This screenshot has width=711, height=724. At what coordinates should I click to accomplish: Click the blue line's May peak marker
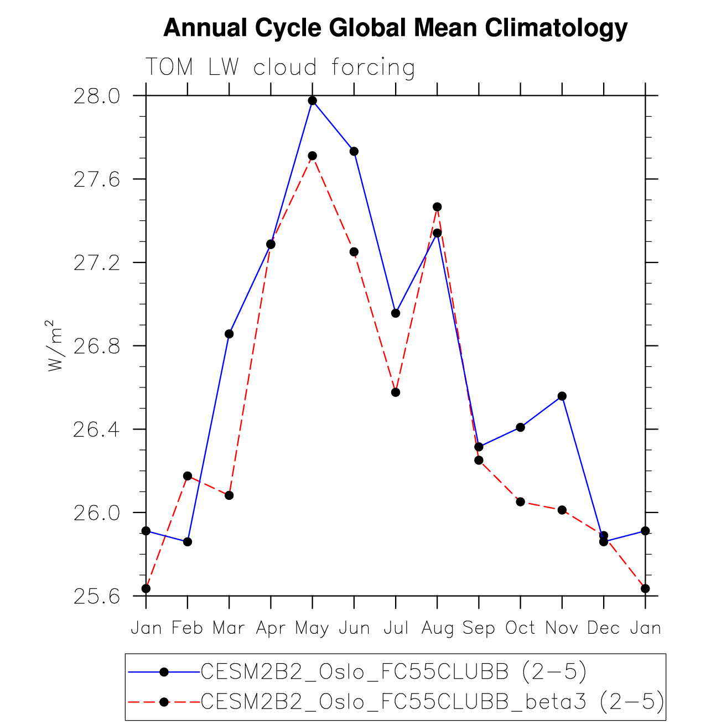[x=313, y=101]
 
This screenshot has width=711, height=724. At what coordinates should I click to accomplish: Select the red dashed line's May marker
[x=313, y=156]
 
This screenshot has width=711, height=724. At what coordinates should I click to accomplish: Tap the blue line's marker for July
[x=396, y=313]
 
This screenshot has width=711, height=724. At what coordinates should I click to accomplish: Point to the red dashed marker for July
[x=396, y=392]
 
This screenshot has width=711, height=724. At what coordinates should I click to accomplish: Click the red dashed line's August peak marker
[x=437, y=207]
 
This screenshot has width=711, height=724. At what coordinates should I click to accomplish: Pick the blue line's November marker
[x=562, y=396]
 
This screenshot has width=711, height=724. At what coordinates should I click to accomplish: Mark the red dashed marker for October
[x=521, y=502]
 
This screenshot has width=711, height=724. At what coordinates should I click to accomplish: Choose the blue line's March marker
[x=229, y=334]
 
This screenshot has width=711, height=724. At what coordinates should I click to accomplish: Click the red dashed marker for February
[x=188, y=476]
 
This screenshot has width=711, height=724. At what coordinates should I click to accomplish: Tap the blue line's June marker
[x=354, y=151]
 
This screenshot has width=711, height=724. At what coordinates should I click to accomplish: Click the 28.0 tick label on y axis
[x=96, y=96]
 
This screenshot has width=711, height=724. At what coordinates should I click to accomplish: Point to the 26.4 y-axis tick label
[x=96, y=430]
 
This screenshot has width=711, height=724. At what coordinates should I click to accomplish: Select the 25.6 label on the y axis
[x=96, y=597]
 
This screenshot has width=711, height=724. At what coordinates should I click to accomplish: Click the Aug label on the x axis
[x=438, y=628]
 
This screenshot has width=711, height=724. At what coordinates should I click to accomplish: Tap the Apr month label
[x=271, y=628]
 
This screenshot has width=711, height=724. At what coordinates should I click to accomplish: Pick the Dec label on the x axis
[x=604, y=628]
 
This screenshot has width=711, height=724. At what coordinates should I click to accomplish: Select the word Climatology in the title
[x=557, y=28]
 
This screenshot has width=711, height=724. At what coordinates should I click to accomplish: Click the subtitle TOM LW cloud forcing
[x=280, y=68]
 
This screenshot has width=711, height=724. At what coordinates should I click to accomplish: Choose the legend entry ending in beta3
[x=432, y=702]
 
